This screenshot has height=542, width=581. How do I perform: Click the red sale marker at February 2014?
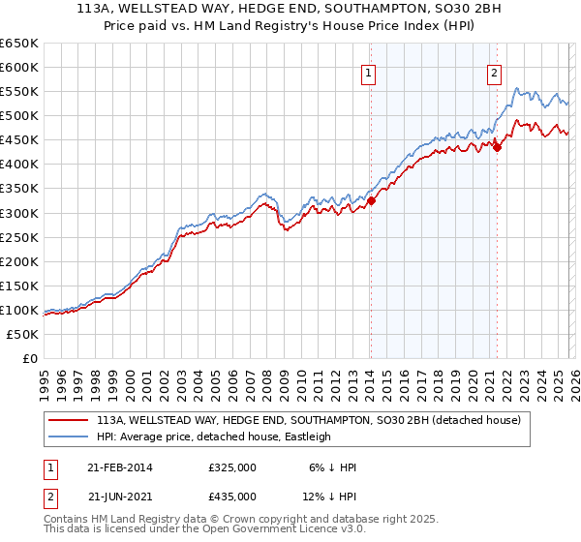(371, 201)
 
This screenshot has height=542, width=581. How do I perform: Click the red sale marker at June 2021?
(497, 147)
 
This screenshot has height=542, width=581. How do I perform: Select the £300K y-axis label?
(19, 213)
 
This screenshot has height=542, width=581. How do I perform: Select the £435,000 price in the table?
(232, 497)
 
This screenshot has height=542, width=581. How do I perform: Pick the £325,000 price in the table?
(232, 467)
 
